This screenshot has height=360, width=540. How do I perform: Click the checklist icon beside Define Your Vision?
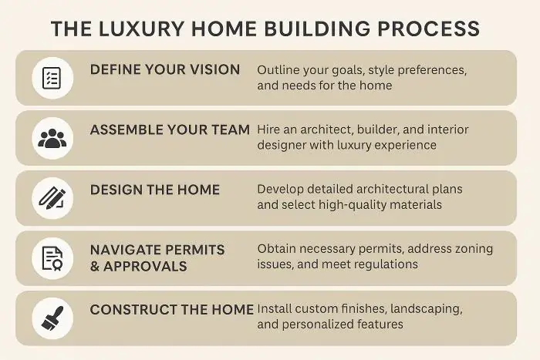52,78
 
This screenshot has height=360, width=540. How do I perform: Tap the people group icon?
52,138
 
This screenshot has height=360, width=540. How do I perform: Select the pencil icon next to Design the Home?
52,198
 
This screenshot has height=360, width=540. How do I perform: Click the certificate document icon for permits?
52,258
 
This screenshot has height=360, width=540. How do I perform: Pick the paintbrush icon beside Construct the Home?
52,317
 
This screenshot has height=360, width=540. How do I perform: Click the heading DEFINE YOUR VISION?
165,69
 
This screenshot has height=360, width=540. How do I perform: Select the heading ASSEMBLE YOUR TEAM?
170,130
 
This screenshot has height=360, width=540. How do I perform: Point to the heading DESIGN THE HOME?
155,190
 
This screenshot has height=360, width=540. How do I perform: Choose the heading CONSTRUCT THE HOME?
172,309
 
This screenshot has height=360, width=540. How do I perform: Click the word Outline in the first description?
279,69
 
